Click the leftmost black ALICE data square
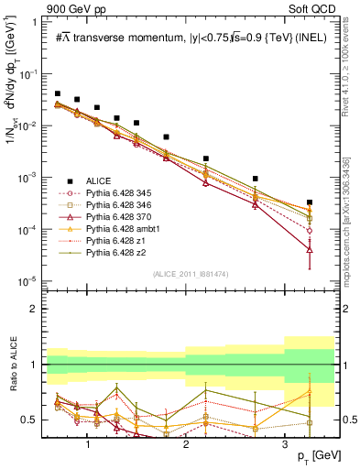[x=58, y=93]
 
